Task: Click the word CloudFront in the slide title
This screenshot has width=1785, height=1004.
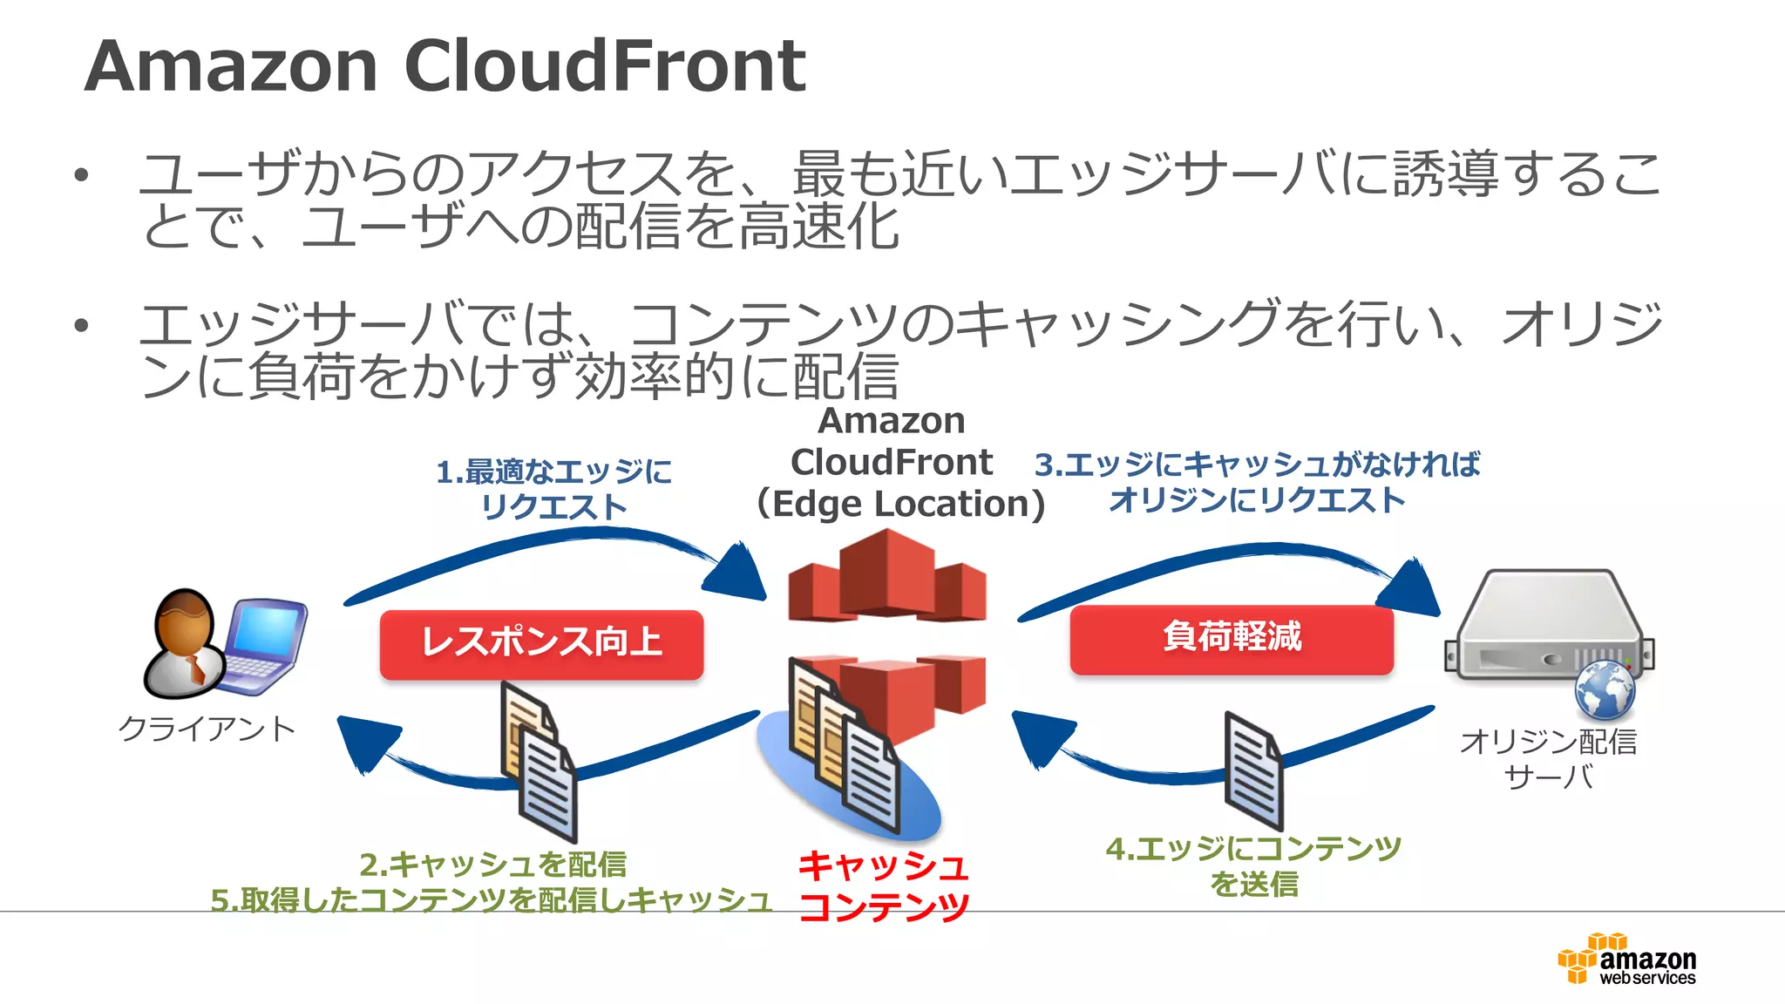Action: [x=605, y=66]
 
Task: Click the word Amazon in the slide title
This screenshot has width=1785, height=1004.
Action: [x=231, y=66]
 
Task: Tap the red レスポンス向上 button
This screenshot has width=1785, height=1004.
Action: [x=541, y=643]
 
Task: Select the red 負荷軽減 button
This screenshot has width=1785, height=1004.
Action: [x=1231, y=638]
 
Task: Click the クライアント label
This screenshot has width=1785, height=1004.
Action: [x=207, y=729]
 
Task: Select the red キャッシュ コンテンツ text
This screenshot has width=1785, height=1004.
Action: [x=883, y=885]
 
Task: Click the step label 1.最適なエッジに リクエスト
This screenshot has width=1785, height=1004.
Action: [x=554, y=489]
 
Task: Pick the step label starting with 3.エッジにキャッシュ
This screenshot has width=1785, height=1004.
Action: [x=1257, y=482]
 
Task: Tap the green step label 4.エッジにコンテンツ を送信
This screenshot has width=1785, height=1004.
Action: [x=1253, y=865]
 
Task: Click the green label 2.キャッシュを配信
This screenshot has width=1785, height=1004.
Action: [x=493, y=865]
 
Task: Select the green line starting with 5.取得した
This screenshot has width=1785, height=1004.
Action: [x=491, y=899]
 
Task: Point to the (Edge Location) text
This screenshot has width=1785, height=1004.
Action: [x=899, y=504]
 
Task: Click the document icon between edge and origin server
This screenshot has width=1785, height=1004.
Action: [x=1252, y=771]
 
